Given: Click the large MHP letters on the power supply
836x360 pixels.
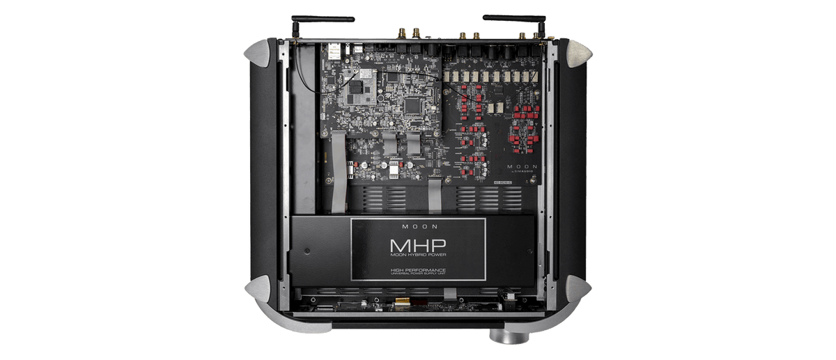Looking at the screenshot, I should (418, 246).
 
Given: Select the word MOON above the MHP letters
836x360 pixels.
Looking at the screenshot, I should (418, 226).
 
